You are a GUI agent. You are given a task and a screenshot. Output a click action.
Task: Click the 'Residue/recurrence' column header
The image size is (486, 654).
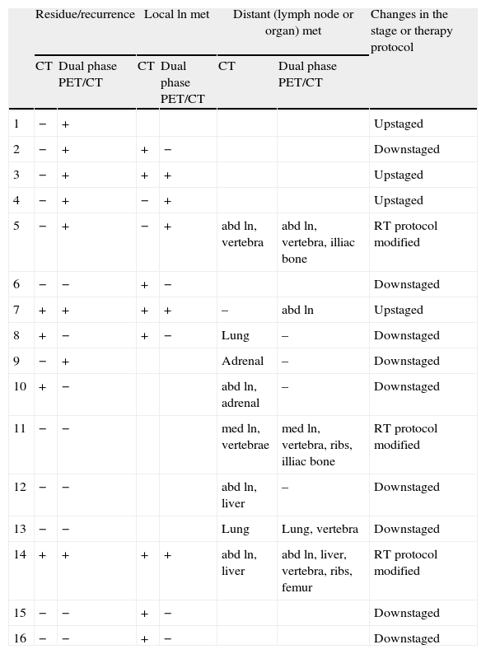(x=85, y=15)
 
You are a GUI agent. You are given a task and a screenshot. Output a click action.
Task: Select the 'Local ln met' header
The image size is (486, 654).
(x=176, y=15)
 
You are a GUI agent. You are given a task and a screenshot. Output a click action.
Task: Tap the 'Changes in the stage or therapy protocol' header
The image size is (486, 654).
(x=410, y=30)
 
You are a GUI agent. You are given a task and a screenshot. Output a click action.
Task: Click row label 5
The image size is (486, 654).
(x=17, y=226)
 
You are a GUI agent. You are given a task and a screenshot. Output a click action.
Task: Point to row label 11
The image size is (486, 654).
(x=21, y=428)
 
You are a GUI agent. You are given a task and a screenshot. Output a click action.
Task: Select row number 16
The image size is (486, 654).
(x=21, y=638)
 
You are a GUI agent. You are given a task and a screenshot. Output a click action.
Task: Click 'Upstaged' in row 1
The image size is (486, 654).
(x=398, y=124)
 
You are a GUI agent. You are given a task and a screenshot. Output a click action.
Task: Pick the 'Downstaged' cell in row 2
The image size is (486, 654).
(x=406, y=150)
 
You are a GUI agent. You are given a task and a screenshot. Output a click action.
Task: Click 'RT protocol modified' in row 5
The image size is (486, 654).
(x=405, y=234)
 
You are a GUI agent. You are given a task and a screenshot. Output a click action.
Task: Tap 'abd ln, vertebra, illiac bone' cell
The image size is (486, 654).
(x=318, y=242)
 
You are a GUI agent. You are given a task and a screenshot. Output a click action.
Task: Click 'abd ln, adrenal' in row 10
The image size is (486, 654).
(x=240, y=395)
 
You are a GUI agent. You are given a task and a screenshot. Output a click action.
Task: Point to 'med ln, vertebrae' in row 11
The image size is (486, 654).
(x=245, y=437)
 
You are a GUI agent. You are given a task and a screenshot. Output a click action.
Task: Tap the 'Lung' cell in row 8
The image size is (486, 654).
(x=235, y=335)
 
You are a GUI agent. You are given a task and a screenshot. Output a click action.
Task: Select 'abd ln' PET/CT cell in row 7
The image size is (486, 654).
(x=297, y=311)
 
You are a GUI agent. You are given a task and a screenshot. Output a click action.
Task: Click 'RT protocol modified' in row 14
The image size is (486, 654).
(x=405, y=563)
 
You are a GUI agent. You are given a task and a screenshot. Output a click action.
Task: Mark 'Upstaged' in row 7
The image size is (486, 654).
(x=398, y=311)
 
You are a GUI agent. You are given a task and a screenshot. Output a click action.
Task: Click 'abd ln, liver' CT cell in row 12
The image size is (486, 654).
(x=239, y=494)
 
